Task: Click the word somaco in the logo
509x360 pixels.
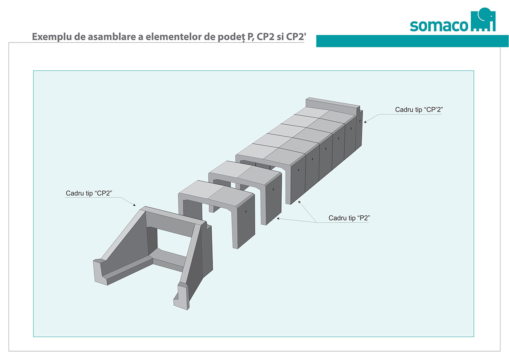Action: (439, 26)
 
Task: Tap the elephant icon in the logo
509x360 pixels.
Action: (483, 20)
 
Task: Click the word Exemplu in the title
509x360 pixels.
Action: (52, 37)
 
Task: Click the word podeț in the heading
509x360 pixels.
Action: (231, 37)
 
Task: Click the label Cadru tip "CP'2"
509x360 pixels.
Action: (419, 109)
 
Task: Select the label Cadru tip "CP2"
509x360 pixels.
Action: (89, 193)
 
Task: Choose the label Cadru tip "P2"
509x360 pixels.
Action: (349, 218)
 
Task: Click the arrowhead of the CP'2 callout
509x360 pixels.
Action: (365, 122)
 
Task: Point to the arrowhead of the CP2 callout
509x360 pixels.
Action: (134, 205)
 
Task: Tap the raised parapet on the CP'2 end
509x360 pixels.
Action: (333, 106)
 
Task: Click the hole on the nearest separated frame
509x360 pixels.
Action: (246, 212)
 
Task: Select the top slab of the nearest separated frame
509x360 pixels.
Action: (216, 193)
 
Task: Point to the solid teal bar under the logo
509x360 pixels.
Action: (412, 41)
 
